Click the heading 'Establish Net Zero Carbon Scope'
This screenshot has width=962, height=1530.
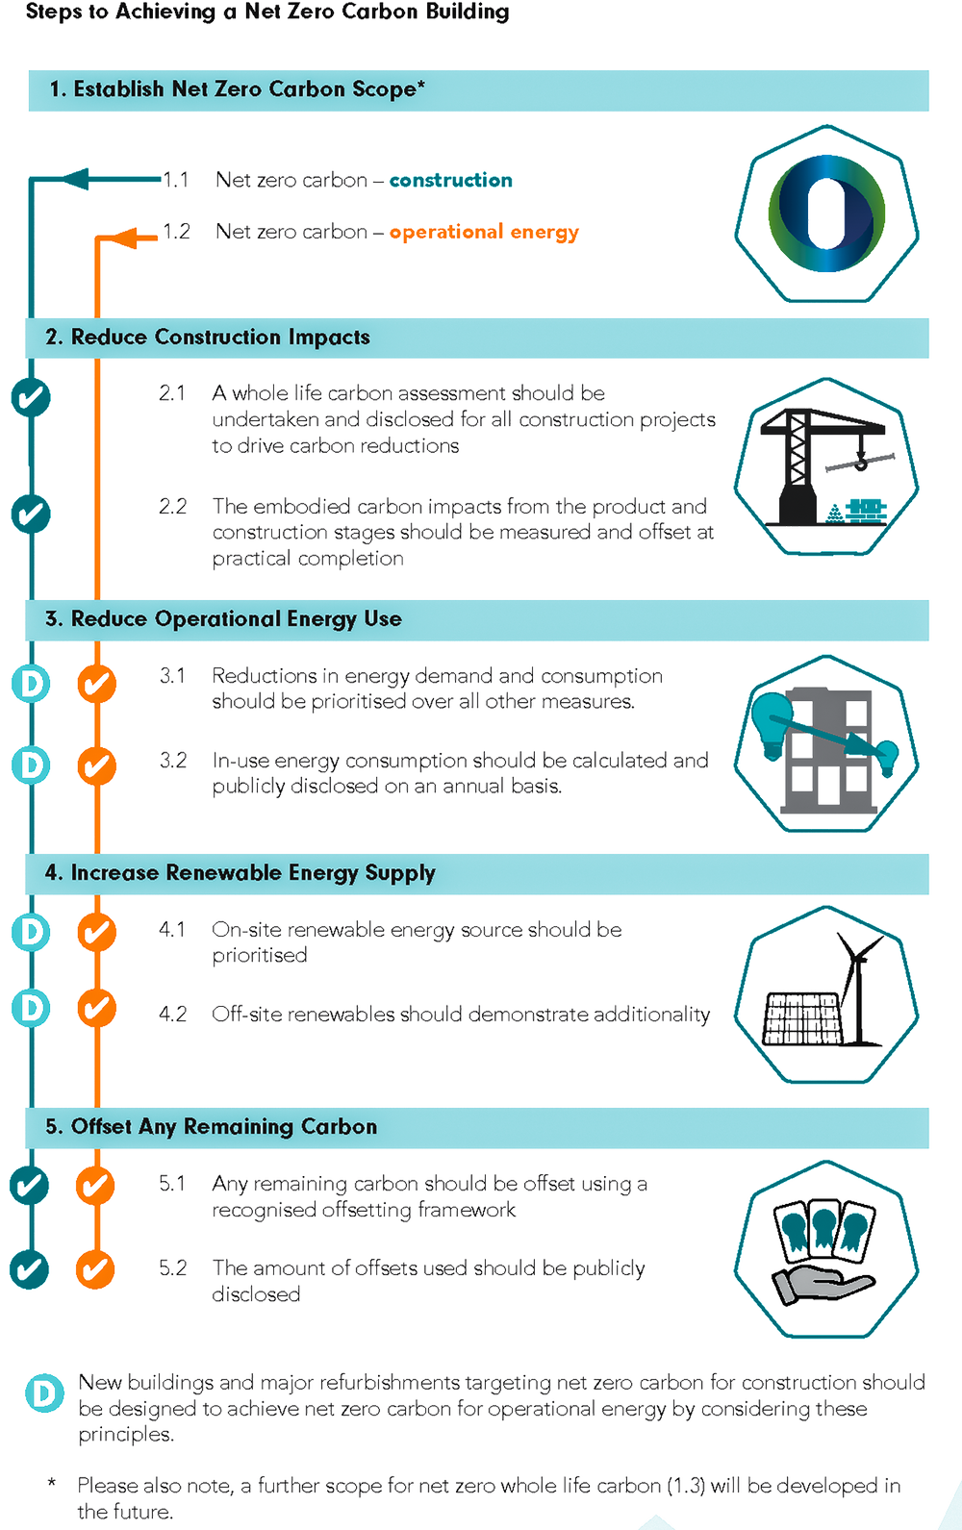pyautogui.click(x=248, y=89)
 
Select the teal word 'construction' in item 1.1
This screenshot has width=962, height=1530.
pyautogui.click(x=450, y=180)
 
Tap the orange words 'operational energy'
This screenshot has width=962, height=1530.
pyautogui.click(x=483, y=232)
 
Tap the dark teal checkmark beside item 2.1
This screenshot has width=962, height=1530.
pyautogui.click(x=31, y=396)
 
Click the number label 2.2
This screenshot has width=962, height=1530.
pyautogui.click(x=172, y=506)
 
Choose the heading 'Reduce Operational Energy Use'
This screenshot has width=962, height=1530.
pyautogui.click(x=236, y=618)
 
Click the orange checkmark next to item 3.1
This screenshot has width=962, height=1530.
pyautogui.click(x=96, y=684)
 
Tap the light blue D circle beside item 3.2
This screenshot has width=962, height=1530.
pyautogui.click(x=31, y=765)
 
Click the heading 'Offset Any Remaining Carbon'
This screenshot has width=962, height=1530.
pyautogui.click(x=223, y=1126)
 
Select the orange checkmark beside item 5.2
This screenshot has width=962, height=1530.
pyautogui.click(x=95, y=1269)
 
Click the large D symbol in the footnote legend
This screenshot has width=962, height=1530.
pyautogui.click(x=43, y=1395)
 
